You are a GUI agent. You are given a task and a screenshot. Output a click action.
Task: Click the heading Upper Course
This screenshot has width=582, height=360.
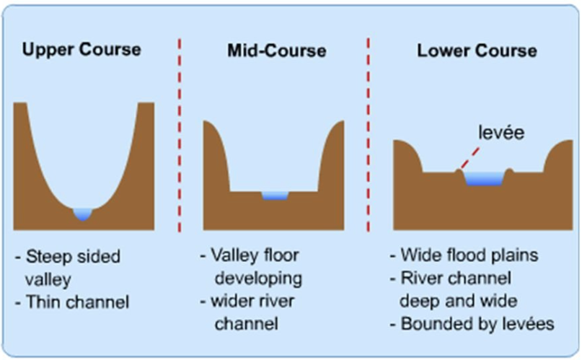[x=81, y=50]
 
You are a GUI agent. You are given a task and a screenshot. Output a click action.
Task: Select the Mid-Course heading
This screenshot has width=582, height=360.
[x=276, y=51]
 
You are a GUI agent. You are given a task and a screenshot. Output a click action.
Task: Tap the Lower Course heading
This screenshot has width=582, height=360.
[x=477, y=51]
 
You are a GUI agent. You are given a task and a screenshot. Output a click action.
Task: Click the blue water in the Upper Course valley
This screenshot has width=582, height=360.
[x=83, y=213]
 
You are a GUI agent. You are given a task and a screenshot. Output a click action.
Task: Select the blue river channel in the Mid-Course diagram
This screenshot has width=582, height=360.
[x=275, y=195]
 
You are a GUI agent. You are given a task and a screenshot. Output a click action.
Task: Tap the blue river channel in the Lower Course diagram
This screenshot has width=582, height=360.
[x=483, y=177]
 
